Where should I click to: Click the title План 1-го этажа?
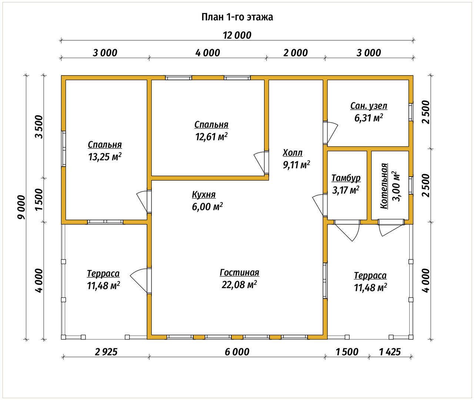[237, 17]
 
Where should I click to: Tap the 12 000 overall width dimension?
[237, 36]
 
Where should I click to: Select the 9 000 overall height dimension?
[21, 207]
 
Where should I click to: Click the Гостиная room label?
[239, 273]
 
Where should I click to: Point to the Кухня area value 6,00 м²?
[207, 206]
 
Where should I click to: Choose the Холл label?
[293, 153]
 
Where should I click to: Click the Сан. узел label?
[369, 106]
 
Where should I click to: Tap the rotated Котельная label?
[384, 186]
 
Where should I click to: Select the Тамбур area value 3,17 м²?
[346, 190]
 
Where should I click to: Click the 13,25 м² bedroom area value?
[105, 156]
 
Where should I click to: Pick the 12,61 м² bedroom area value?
[211, 136]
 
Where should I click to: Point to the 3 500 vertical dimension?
[39, 127]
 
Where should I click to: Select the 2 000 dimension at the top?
[296, 53]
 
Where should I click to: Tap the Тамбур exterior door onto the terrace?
[347, 230]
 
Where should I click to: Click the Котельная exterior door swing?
[391, 228]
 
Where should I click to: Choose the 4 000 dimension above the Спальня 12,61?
[207, 53]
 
